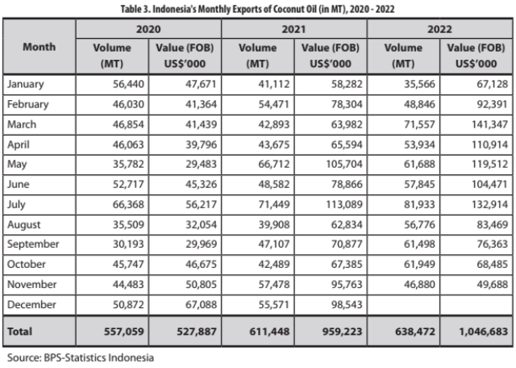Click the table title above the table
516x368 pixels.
pyautogui.click(x=257, y=9)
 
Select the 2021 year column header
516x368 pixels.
pyautogui.click(x=293, y=29)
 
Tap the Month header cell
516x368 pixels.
pyautogui.click(x=40, y=47)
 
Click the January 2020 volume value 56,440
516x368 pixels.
pyautogui.click(x=128, y=85)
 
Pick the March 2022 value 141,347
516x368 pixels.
pyautogui.click(x=489, y=124)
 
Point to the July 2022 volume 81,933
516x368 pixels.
pyautogui.click(x=419, y=205)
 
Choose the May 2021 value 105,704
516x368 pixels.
pyautogui.click(x=344, y=165)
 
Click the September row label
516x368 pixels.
pyautogui.click(x=33, y=245)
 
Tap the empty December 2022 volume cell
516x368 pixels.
pyautogui.click(x=403, y=305)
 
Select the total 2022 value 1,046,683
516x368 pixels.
pyautogui.click(x=484, y=332)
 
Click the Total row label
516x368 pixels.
pyautogui.click(x=19, y=332)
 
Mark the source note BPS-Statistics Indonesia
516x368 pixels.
pyautogui.click(x=81, y=358)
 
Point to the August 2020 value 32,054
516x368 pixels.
pyautogui.click(x=201, y=224)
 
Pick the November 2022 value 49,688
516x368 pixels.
pyautogui.click(x=493, y=285)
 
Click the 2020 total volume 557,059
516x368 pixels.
pyautogui.click(x=124, y=332)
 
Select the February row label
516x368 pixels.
pyautogui.click(x=28, y=104)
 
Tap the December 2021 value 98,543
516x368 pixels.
pyautogui.click(x=347, y=305)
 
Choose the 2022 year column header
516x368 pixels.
pyautogui.click(x=439, y=29)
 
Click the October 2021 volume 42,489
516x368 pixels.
pyautogui.click(x=274, y=265)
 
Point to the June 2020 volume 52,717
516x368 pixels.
pyautogui.click(x=128, y=185)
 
